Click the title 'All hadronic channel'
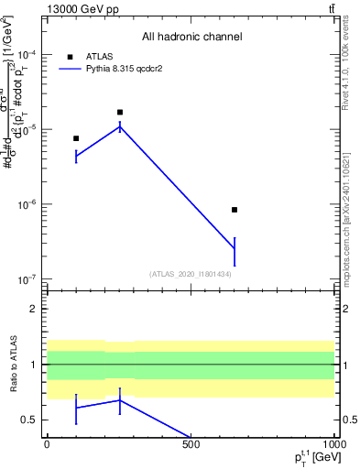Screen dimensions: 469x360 (x=191, y=37)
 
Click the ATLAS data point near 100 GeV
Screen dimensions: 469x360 (x=76, y=138)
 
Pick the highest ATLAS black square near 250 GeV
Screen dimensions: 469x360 (x=120, y=112)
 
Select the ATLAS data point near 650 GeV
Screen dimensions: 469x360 (x=235, y=210)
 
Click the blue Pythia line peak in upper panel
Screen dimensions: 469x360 (x=120, y=126)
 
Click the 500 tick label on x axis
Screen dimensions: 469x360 (x=191, y=444)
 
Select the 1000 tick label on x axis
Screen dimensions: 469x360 (x=333, y=444)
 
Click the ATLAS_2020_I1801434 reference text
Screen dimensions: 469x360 (x=191, y=274)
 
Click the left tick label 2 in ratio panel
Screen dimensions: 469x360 (x=33, y=309)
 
